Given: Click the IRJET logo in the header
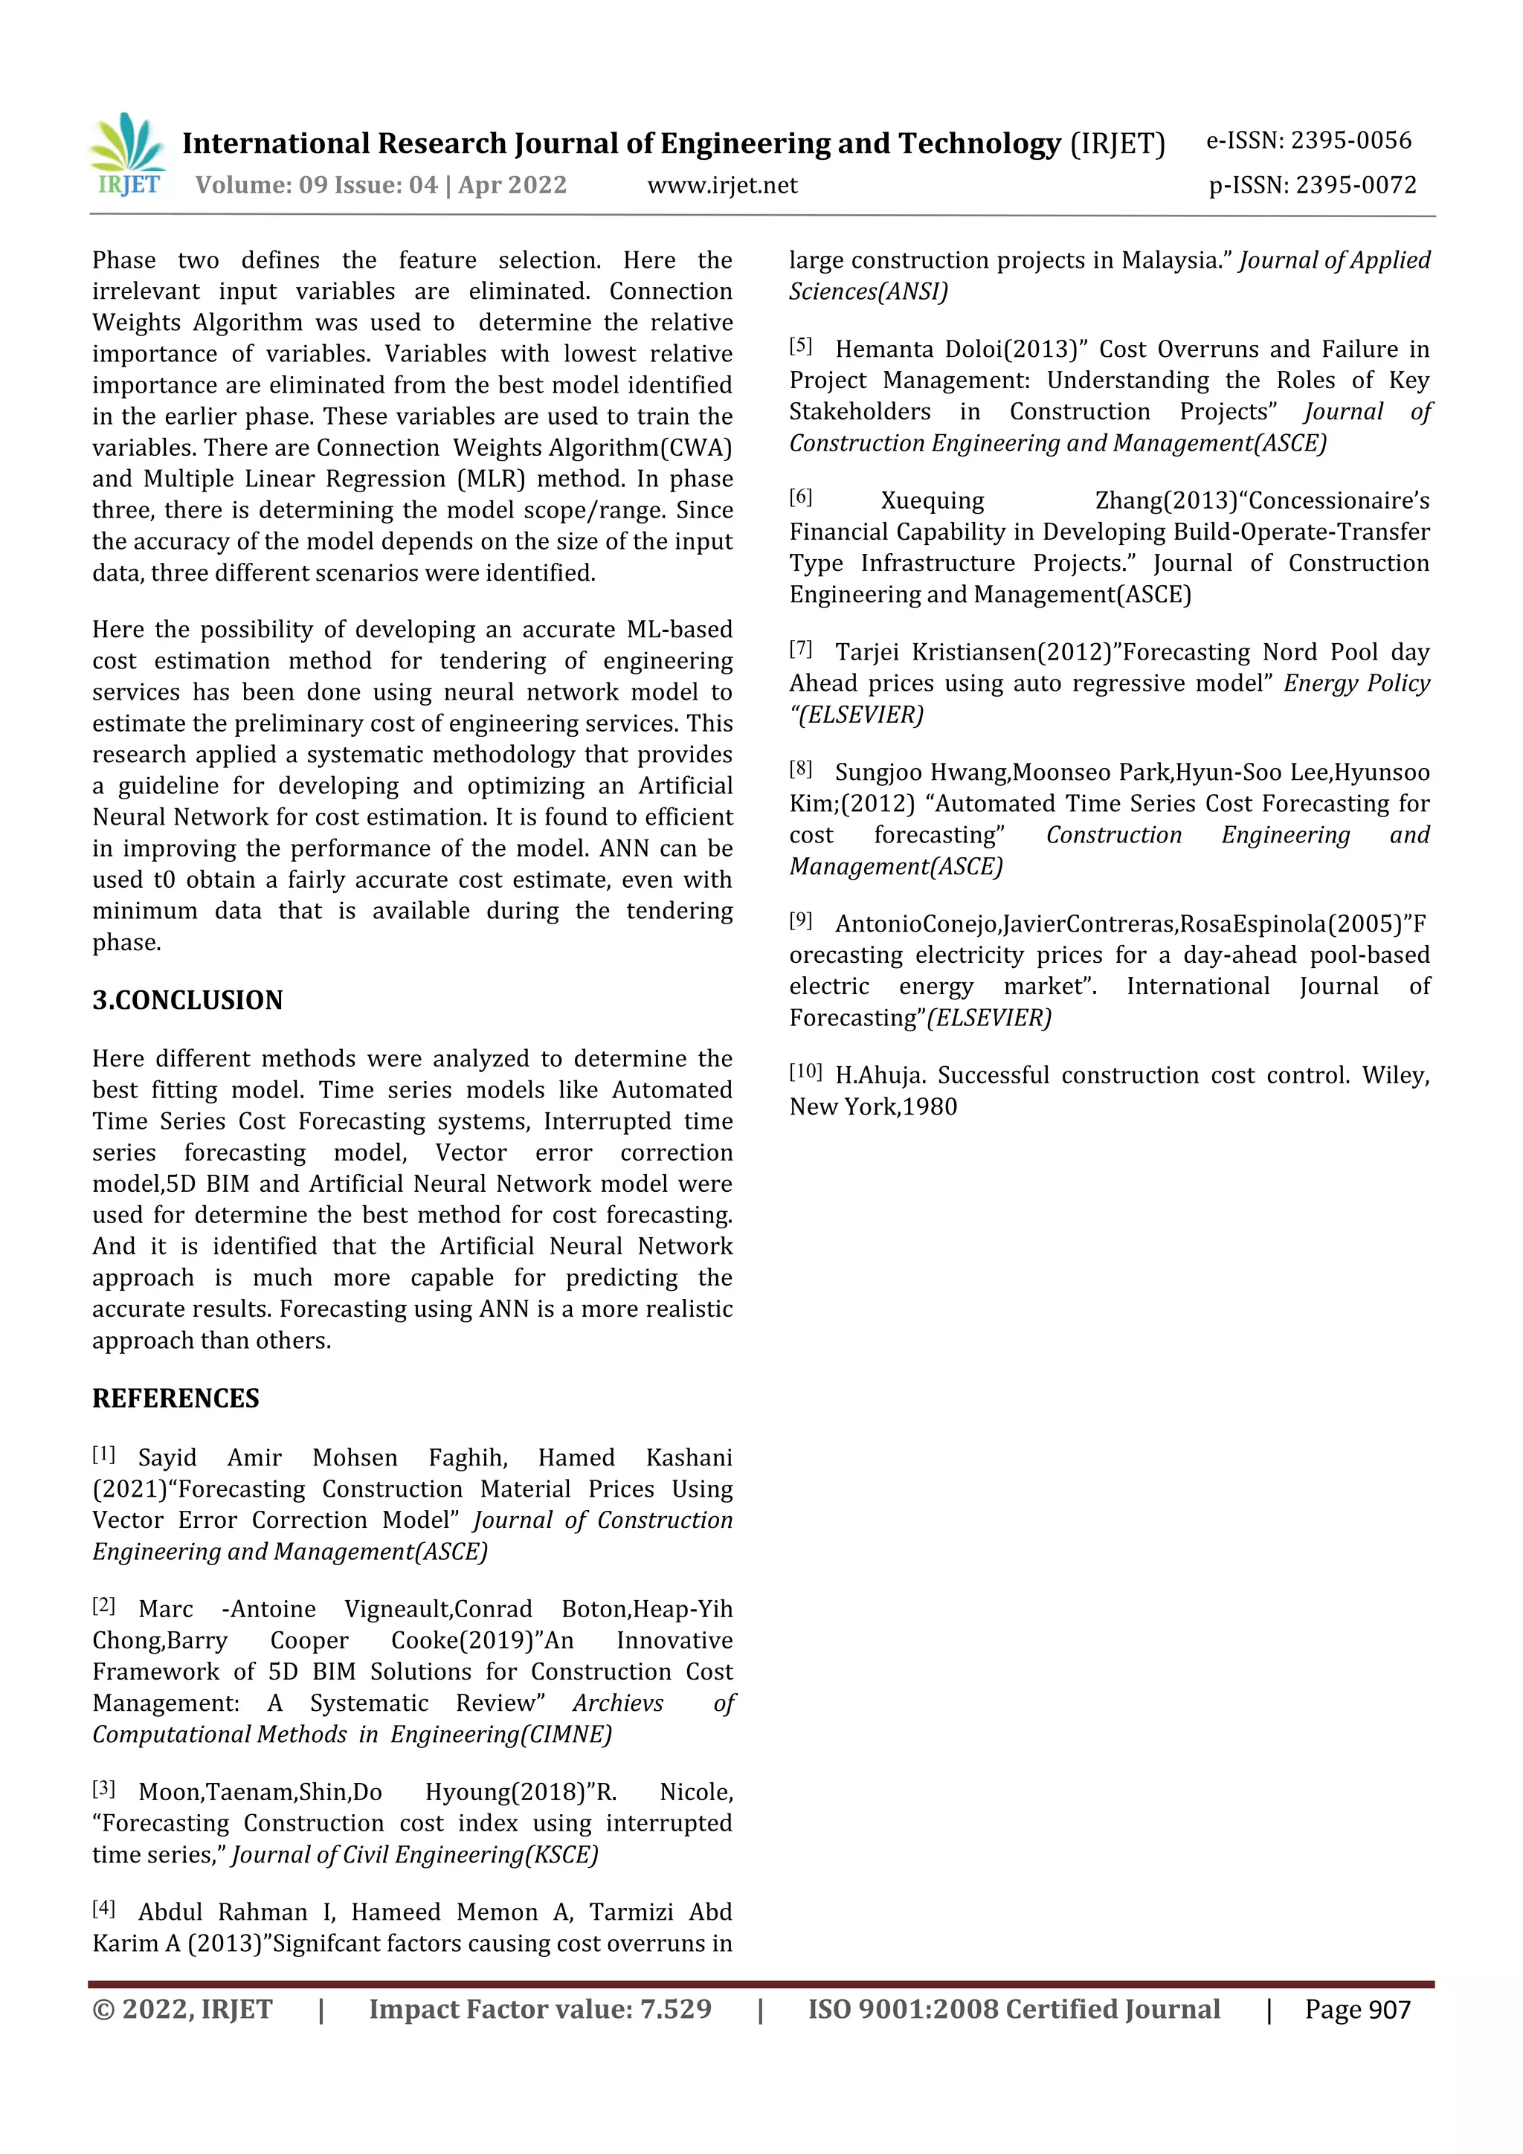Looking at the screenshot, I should tap(128, 155).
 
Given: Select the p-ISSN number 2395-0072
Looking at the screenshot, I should tap(1356, 186).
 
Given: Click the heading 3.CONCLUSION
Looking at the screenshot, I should tap(187, 1000).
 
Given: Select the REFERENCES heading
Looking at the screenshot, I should tap(176, 1399).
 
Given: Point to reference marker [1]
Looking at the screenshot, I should tap(103, 1455).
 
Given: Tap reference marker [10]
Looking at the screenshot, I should tap(805, 1072).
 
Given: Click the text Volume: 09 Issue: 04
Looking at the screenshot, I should tap(316, 186).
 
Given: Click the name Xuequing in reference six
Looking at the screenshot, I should tap(932, 501).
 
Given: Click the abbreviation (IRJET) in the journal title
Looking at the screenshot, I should tap(1117, 144).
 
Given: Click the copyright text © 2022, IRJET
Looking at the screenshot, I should tap(182, 2010).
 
